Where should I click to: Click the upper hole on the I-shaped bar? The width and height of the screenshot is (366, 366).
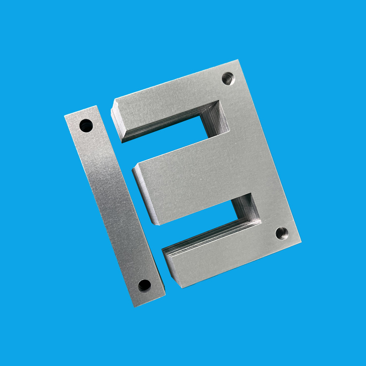point(86,125)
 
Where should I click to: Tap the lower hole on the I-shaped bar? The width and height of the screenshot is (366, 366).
point(144,285)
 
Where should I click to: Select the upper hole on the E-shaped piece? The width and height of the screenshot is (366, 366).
point(228,79)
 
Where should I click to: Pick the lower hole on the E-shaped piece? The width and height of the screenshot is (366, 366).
point(282,234)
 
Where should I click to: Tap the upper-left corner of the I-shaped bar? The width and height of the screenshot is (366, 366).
point(65,116)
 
